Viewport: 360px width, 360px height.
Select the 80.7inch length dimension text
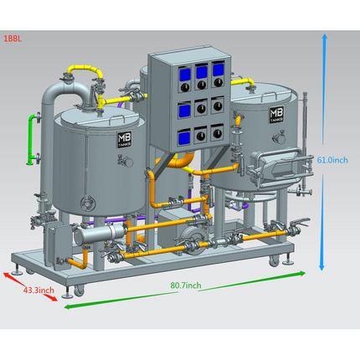pyautogui.click(x=186, y=285)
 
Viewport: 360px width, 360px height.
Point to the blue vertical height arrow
pyautogui.click(x=323, y=151)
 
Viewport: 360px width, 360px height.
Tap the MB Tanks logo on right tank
pyautogui.click(x=277, y=115)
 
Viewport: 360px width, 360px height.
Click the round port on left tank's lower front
pyautogui.click(x=88, y=201)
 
